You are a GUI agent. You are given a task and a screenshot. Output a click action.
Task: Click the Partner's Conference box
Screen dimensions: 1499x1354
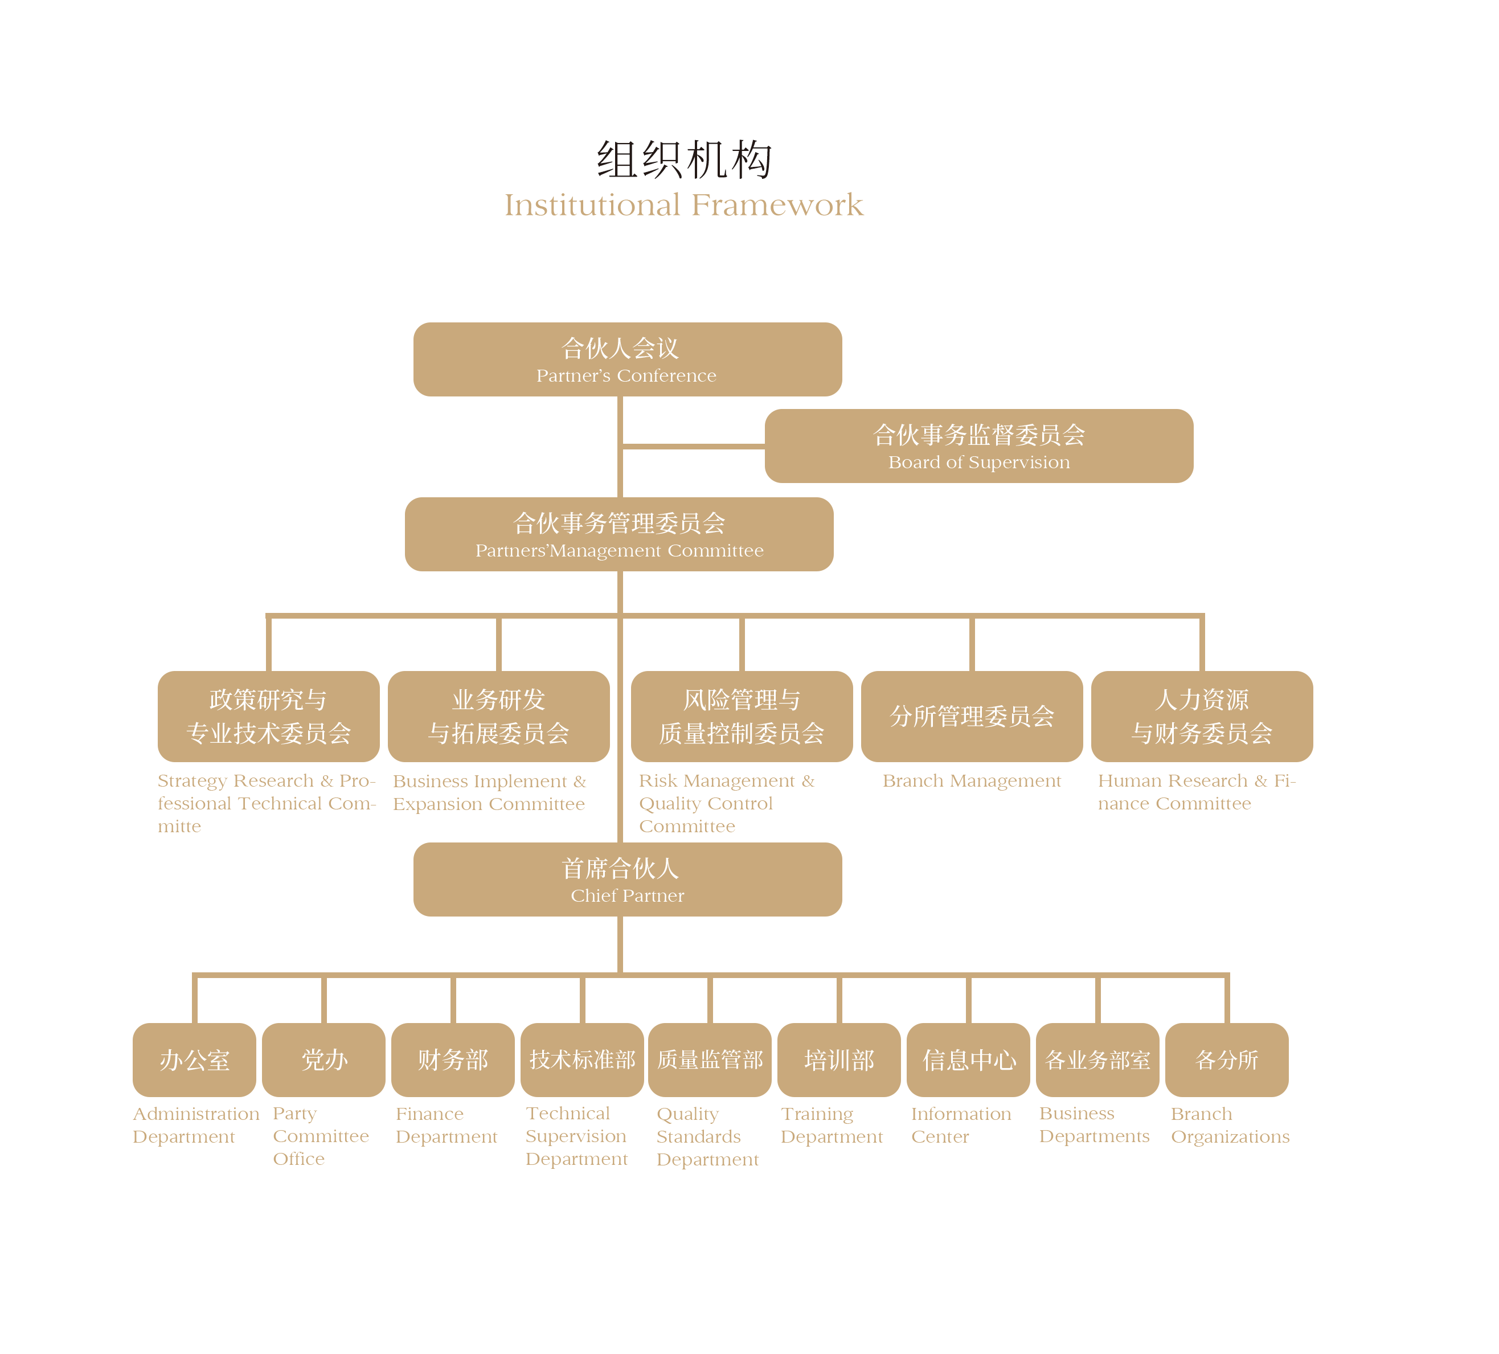pyautogui.click(x=628, y=359)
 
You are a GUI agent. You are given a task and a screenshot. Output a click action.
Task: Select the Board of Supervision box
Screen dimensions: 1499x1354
pyautogui.click(x=978, y=446)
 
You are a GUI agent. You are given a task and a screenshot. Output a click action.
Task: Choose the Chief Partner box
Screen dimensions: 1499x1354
pyautogui.click(x=628, y=879)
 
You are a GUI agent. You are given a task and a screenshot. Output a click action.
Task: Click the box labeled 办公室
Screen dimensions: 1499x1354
pyautogui.click(x=194, y=1060)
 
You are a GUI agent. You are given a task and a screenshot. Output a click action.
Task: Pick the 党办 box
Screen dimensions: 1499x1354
pyautogui.click(x=323, y=1060)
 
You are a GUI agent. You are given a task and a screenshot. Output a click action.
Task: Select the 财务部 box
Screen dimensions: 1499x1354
pyautogui.click(x=453, y=1060)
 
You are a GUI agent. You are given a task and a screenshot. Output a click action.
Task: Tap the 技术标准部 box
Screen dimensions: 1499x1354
pyautogui.click(x=582, y=1060)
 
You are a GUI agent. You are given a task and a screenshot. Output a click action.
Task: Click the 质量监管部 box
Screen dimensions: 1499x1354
pyautogui.click(x=710, y=1060)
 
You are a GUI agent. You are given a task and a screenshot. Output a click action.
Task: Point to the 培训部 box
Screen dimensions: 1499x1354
pyautogui.click(x=839, y=1060)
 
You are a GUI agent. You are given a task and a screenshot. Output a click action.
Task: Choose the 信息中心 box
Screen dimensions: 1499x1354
pyautogui.click(x=969, y=1060)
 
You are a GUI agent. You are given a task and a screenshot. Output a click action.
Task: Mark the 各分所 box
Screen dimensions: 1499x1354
pyautogui.click(x=1227, y=1060)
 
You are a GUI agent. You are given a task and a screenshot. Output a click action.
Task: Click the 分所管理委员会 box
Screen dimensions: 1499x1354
pyautogui.click(x=972, y=716)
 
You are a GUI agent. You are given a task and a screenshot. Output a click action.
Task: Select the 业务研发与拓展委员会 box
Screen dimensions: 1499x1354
pyautogui.click(x=499, y=716)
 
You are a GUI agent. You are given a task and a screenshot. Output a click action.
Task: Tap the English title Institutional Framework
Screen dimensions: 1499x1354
pyautogui.click(x=684, y=204)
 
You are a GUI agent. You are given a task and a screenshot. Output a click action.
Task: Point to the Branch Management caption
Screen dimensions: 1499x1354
pyautogui.click(x=972, y=781)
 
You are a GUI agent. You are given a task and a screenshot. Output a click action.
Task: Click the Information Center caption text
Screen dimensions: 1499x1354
pyautogui.click(x=961, y=1125)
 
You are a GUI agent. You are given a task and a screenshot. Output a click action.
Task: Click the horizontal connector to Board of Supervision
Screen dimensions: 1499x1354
pyautogui.click(x=693, y=446)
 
